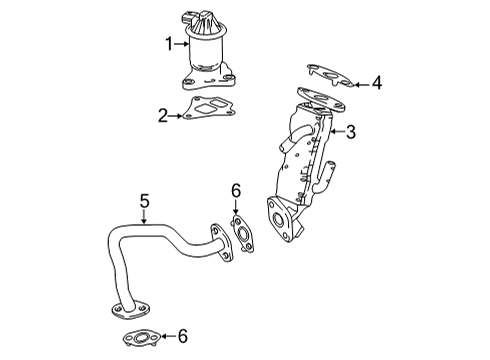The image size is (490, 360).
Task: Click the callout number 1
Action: click(170, 44)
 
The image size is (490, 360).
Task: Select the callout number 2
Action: click(163, 116)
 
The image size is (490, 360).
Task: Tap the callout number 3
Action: click(351, 132)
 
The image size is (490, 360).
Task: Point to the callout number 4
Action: click(377, 83)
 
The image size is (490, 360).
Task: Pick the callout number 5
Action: click(144, 202)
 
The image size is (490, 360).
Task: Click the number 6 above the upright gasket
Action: click(236, 191)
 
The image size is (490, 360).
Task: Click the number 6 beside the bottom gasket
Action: click(183, 336)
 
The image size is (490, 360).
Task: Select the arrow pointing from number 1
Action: click(182, 44)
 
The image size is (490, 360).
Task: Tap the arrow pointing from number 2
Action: click(176, 116)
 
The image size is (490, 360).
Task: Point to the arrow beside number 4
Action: click(362, 85)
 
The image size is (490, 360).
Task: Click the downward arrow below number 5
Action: click(144, 217)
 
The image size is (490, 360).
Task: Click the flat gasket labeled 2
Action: click(208, 108)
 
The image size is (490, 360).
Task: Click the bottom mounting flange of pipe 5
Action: click(130, 311)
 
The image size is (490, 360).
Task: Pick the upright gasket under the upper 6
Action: click(242, 234)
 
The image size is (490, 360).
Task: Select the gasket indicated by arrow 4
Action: click(330, 76)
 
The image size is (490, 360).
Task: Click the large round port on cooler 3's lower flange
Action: click(278, 219)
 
